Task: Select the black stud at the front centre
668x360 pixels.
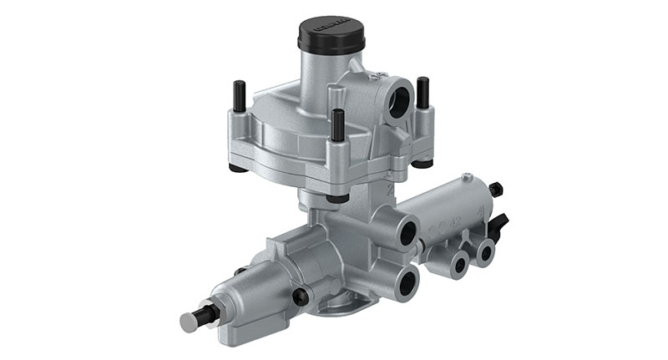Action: tap(337, 125)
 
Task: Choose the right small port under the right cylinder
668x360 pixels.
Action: tap(483, 251)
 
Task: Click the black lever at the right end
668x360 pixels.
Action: tap(500, 223)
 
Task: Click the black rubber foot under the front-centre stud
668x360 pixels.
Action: tap(337, 198)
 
